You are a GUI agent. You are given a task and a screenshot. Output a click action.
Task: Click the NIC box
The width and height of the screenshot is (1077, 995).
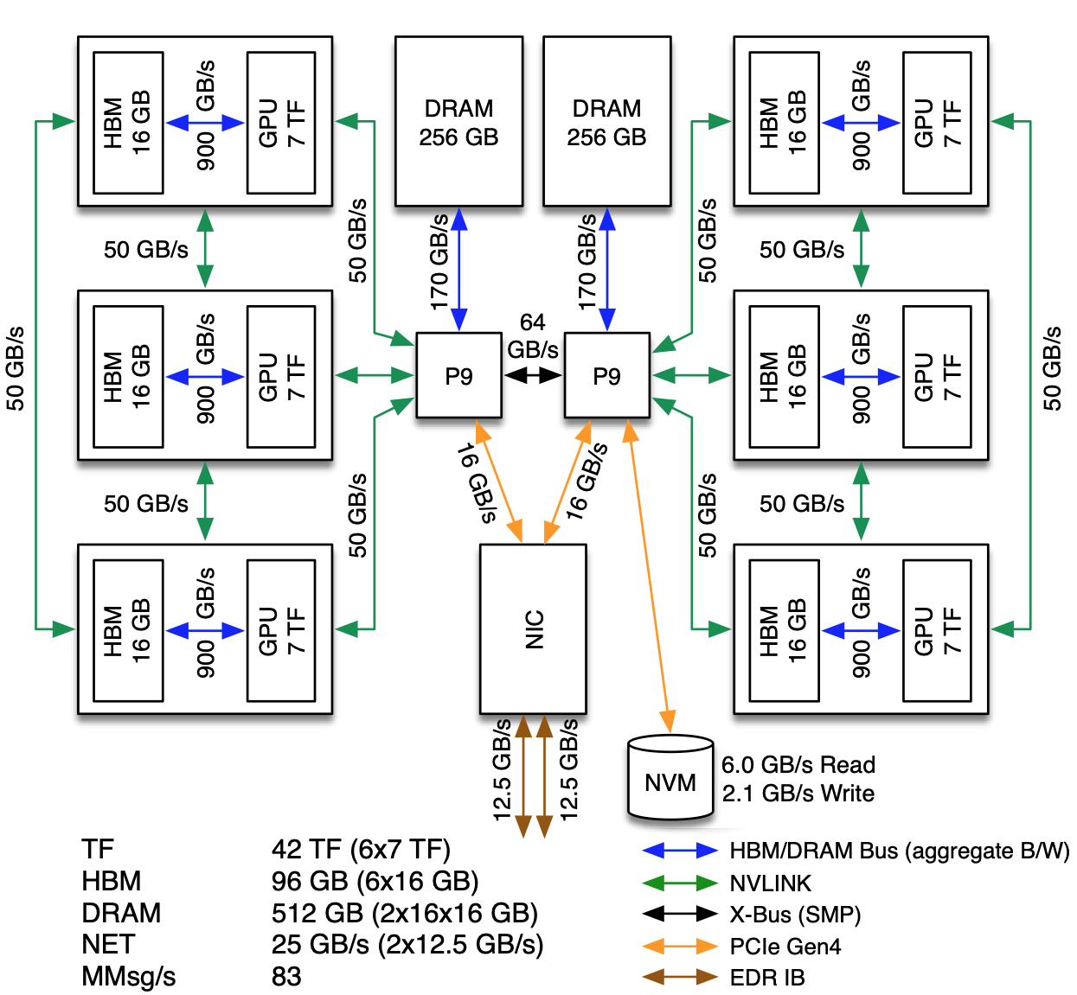click(x=533, y=628)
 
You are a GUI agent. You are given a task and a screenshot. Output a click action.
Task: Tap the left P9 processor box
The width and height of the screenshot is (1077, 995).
click(x=458, y=375)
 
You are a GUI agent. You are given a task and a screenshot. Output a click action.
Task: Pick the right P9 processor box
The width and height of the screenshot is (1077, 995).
click(x=606, y=375)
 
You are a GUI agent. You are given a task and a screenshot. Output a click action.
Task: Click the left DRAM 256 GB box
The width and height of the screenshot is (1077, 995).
click(x=458, y=121)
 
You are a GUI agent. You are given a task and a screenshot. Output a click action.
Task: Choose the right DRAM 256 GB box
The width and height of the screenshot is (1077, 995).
click(x=606, y=121)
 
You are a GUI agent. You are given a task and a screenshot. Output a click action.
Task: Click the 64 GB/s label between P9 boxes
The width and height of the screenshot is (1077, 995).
click(x=533, y=336)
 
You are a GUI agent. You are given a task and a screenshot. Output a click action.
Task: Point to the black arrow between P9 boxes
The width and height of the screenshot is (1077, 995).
click(x=533, y=375)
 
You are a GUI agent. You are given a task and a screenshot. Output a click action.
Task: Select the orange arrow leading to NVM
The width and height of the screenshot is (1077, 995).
click(x=649, y=576)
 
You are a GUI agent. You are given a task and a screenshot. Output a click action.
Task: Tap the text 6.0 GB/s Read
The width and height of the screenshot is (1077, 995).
click(x=798, y=765)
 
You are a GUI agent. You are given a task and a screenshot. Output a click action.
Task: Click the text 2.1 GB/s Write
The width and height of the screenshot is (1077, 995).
click(x=798, y=794)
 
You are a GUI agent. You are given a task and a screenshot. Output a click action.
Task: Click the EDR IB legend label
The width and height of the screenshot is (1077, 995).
click(x=766, y=978)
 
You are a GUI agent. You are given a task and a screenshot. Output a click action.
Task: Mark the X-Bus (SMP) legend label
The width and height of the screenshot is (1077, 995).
click(x=795, y=915)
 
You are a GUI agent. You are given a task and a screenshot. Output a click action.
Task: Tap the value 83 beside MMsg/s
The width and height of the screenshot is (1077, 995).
click(x=286, y=977)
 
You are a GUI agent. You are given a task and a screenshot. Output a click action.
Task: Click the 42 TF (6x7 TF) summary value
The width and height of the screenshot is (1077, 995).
click(x=362, y=849)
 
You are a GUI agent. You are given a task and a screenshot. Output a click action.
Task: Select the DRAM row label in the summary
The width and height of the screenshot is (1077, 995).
click(x=121, y=913)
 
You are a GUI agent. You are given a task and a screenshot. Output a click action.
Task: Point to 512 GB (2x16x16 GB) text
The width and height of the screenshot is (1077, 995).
click(x=405, y=913)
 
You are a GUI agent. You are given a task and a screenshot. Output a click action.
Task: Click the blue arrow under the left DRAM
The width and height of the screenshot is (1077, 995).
click(x=458, y=270)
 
